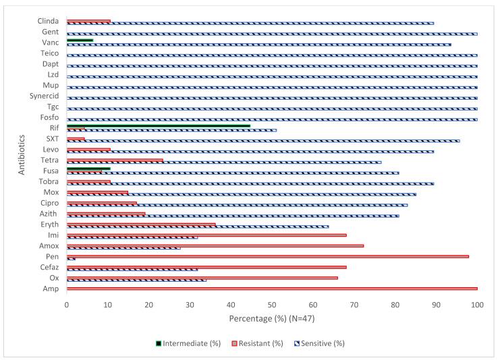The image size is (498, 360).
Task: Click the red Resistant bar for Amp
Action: point(270,289)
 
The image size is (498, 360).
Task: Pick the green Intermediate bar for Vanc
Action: point(80,40)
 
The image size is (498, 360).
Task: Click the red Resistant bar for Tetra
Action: point(115,160)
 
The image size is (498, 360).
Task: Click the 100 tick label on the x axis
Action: point(477,305)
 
